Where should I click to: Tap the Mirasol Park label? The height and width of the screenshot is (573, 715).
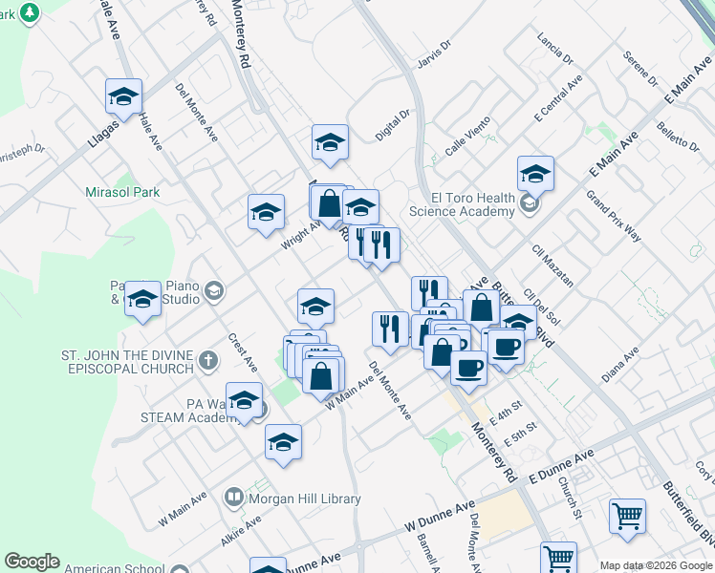click(121, 192)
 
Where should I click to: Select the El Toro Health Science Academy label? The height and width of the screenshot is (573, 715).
click(462, 204)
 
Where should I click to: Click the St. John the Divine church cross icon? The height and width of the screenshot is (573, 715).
click(209, 360)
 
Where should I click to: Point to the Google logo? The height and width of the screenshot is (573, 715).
click(32, 562)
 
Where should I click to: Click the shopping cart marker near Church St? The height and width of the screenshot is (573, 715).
click(627, 517)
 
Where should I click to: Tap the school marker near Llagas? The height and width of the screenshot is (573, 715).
click(123, 96)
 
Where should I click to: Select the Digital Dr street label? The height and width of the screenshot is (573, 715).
click(392, 125)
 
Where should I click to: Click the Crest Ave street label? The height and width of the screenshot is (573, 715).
click(243, 351)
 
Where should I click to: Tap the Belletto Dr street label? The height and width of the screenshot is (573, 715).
click(679, 137)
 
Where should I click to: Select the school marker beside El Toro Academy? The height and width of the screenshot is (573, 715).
click(535, 174)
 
